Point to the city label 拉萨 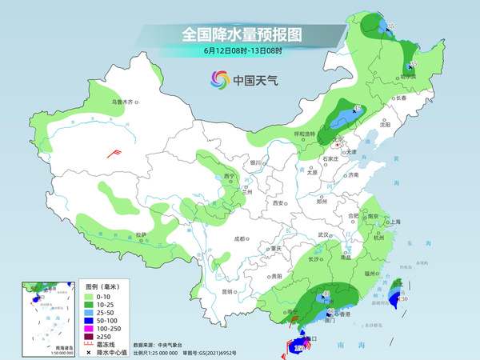[142, 234]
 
